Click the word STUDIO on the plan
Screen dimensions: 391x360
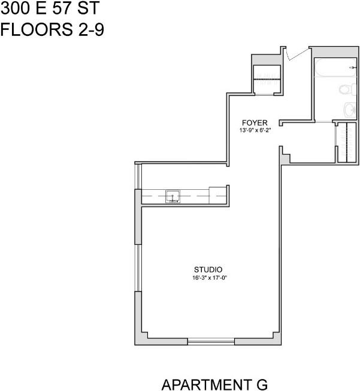click(x=208, y=269)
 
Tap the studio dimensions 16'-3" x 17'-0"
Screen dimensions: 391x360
click(x=208, y=277)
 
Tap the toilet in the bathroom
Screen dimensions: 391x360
click(x=345, y=90)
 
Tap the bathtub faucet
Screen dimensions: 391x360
click(x=352, y=69)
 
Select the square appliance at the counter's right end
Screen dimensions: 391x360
click(x=217, y=195)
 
